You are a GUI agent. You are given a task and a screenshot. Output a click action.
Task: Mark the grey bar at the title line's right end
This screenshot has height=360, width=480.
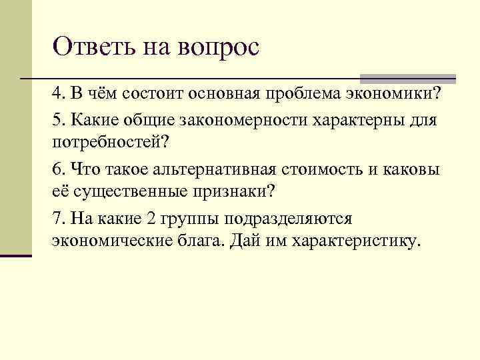(408, 78)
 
